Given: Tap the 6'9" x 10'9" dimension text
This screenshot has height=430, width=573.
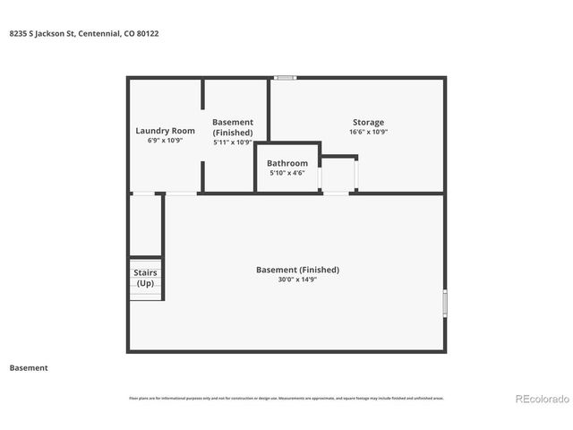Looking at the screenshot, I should [165, 141].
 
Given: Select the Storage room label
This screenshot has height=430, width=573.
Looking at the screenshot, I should [368, 122].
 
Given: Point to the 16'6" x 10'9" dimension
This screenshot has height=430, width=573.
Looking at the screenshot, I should [368, 132].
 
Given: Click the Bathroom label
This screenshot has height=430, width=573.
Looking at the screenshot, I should [287, 163].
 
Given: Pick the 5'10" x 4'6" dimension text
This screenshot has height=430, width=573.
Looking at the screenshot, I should [287, 173].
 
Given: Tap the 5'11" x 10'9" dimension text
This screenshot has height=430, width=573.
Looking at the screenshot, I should [232, 142].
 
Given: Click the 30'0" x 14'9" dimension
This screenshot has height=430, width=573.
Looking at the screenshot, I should [297, 279].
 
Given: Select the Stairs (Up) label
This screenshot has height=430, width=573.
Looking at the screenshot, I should [144, 278].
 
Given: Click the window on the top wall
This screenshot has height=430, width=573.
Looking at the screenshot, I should [286, 78].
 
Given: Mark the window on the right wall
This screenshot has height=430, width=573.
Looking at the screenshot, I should [444, 302].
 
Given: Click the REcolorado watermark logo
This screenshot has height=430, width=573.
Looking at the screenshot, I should [540, 399].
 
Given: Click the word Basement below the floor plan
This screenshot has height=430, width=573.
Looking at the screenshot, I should [28, 367].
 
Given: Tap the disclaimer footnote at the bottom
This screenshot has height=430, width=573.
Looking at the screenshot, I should [286, 398].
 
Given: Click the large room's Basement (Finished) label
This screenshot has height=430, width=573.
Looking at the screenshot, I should [297, 270].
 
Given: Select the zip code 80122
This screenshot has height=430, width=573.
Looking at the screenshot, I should [148, 33].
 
